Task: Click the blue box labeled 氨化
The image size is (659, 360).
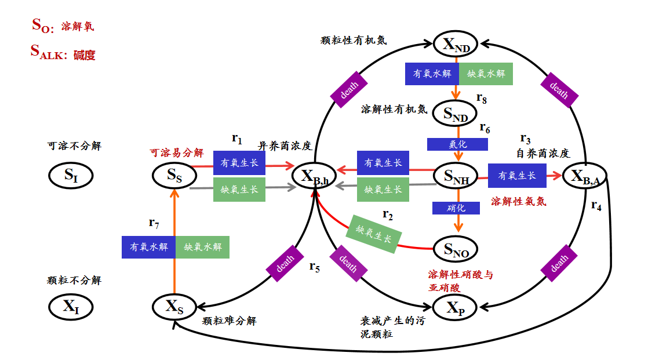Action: (x=457, y=144)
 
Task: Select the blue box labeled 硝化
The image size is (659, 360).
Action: (x=456, y=208)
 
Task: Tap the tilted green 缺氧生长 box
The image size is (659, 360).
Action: (x=373, y=234)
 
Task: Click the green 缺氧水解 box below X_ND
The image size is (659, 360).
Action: (x=486, y=74)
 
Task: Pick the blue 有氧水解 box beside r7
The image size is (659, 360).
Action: (x=149, y=248)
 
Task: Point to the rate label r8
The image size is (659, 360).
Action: (x=482, y=98)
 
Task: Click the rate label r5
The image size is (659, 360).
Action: (x=314, y=267)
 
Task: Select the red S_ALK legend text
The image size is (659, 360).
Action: (x=63, y=53)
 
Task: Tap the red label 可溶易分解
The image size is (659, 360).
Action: (x=177, y=152)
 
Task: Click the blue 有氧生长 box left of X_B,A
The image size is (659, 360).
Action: (x=517, y=176)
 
